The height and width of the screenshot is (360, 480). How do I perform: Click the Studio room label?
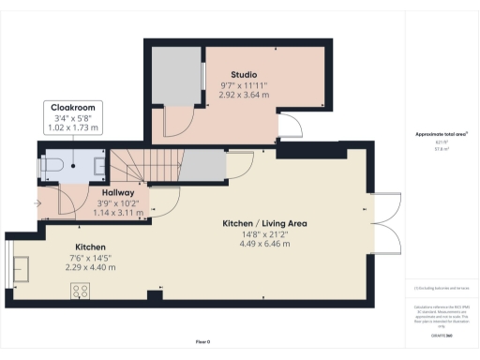[245, 74]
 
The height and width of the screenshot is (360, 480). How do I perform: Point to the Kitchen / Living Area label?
[265, 224]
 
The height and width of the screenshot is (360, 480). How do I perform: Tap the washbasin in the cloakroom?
[100, 167]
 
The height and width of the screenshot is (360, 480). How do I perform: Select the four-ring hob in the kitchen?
[79, 290]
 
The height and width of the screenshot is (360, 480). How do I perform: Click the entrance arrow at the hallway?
[37, 201]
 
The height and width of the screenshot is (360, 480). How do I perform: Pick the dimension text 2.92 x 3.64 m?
[244, 95]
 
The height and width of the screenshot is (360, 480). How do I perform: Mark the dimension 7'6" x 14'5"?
[90, 258]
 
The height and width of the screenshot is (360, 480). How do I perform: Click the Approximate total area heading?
[441, 135]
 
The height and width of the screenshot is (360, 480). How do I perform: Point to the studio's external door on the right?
[291, 127]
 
